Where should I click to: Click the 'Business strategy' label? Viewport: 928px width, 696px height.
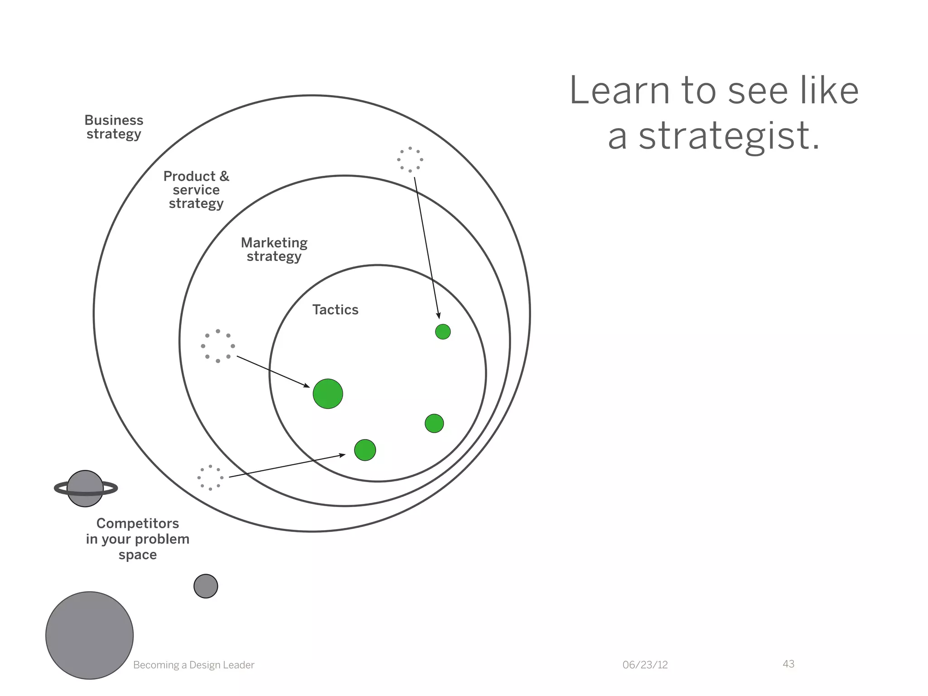[114, 127]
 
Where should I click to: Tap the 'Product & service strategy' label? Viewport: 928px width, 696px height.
[196, 189]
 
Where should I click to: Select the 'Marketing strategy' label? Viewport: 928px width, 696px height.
[274, 249]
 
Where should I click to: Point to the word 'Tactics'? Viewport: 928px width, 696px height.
[335, 309]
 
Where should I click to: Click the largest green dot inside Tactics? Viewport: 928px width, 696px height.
[328, 394]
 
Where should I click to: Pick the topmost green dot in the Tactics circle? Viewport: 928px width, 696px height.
[443, 332]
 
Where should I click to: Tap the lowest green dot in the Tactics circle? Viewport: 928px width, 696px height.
[365, 450]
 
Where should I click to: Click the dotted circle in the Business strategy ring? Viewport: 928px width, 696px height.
[410, 159]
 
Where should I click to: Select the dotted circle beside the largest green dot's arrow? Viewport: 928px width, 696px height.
[218, 346]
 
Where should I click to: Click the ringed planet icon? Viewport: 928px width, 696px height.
[85, 488]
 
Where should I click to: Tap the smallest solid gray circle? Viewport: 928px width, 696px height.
[206, 586]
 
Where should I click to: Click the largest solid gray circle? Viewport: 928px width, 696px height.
[90, 635]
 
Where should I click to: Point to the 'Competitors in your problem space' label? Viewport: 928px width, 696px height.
[138, 539]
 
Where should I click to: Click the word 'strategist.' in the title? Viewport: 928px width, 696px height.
[730, 136]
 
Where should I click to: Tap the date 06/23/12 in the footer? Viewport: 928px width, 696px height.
[645, 665]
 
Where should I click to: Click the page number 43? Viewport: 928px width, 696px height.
[788, 664]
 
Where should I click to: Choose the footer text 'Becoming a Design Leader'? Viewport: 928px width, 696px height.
[193, 665]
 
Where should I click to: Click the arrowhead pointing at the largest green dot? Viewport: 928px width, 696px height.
[307, 386]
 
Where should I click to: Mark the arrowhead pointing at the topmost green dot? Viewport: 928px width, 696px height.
[439, 316]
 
